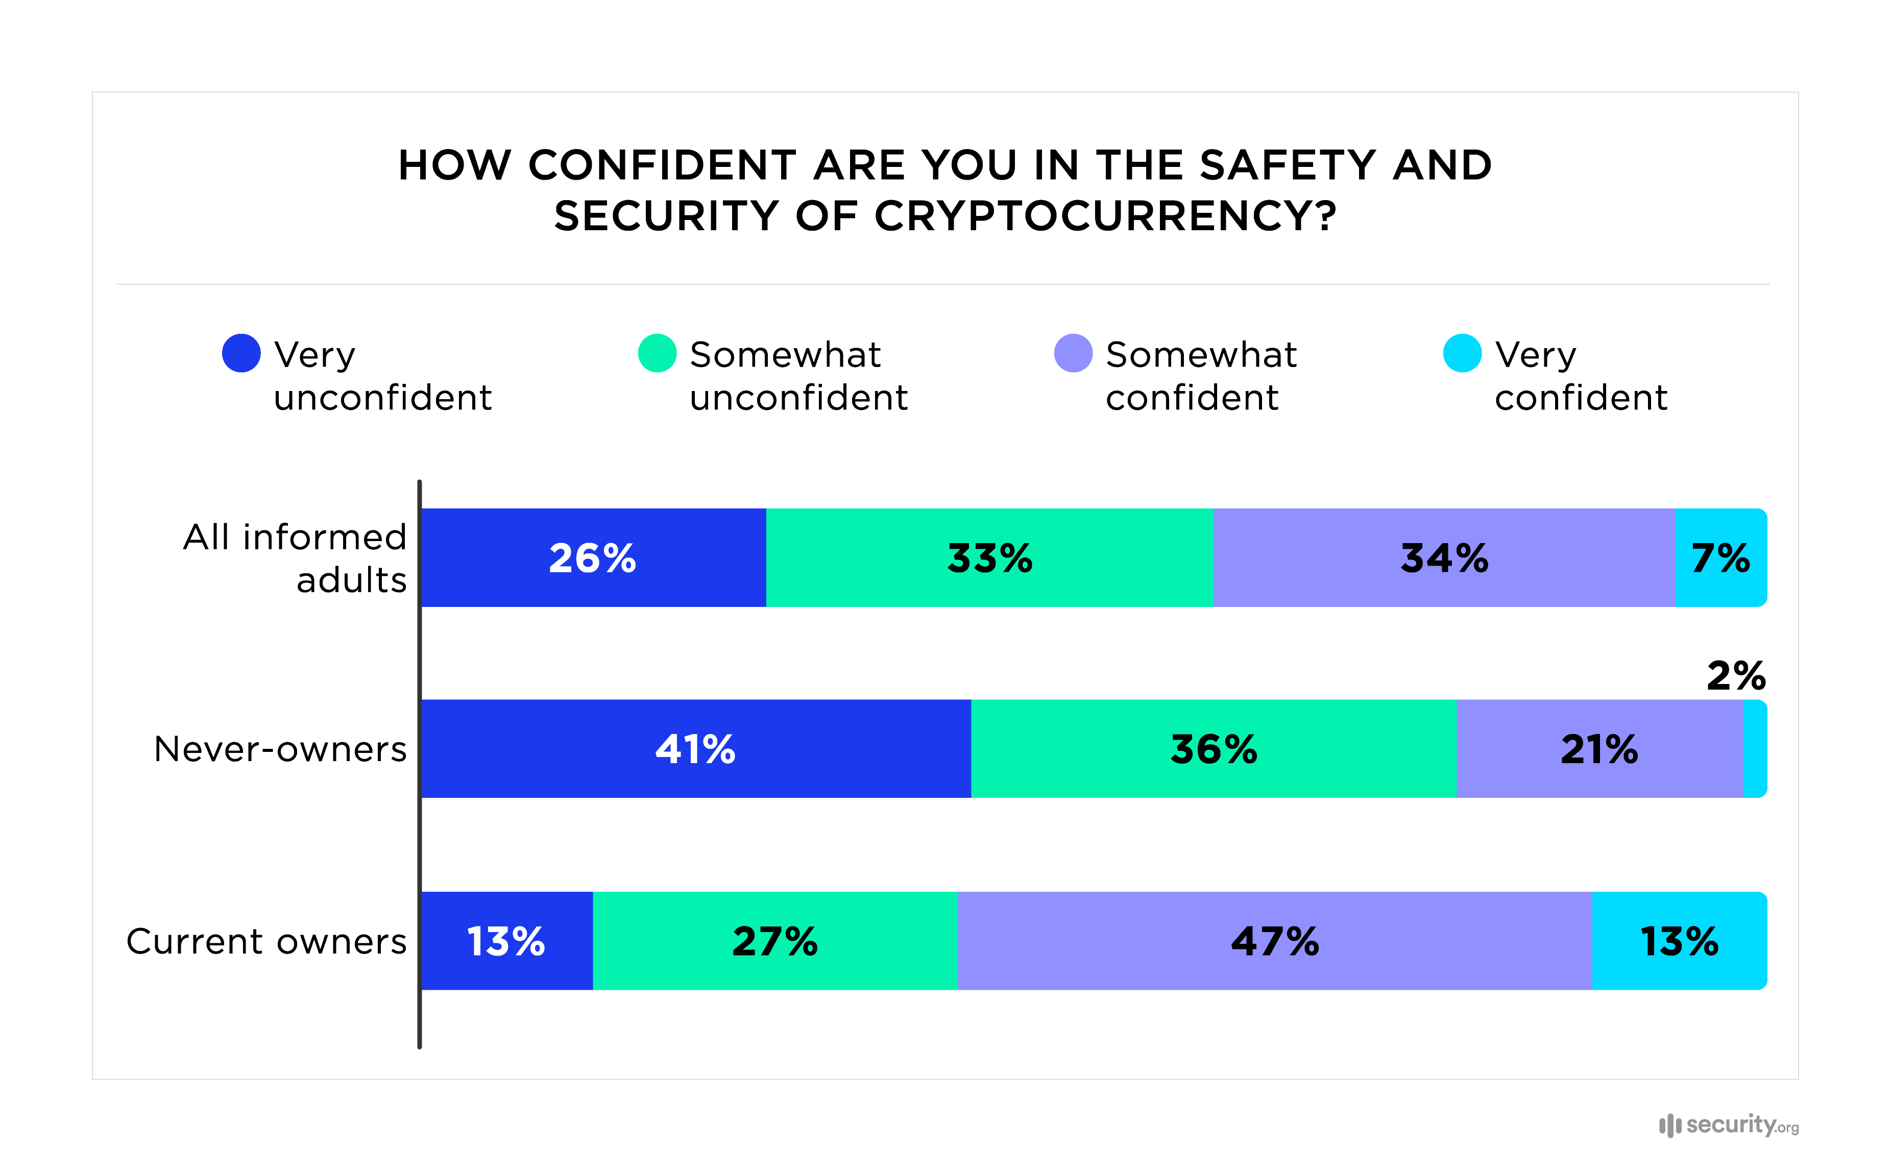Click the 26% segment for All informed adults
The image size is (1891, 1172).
click(x=593, y=557)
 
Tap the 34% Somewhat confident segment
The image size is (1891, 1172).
click(x=1443, y=557)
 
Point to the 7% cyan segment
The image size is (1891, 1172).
click(x=1720, y=557)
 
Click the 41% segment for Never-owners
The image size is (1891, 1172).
click(x=695, y=749)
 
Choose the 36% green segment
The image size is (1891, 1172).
click(x=1213, y=749)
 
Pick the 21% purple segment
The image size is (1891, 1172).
click(x=1599, y=749)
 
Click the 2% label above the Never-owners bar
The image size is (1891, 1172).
click(x=1735, y=676)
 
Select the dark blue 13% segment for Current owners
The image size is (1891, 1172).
click(x=506, y=941)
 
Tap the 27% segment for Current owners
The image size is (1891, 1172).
click(x=774, y=941)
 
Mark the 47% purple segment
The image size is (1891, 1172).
click(x=1274, y=941)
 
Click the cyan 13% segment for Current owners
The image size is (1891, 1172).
click(x=1679, y=941)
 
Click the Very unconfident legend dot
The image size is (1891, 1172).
click(x=241, y=353)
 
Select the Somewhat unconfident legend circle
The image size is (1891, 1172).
click(x=657, y=353)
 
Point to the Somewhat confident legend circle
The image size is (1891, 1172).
click(x=1073, y=353)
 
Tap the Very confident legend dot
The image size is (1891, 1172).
click(x=1462, y=353)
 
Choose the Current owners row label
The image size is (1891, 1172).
click(x=266, y=941)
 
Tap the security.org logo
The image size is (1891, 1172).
click(x=1728, y=1125)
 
